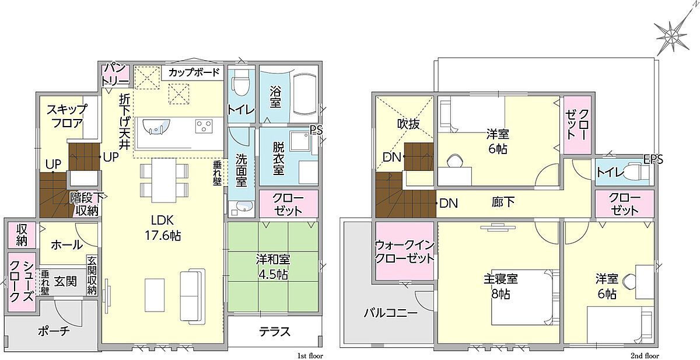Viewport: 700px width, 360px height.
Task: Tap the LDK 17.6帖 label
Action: click(x=163, y=228)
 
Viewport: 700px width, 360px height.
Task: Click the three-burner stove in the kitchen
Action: click(x=204, y=127)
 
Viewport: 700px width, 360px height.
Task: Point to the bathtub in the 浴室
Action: click(x=305, y=97)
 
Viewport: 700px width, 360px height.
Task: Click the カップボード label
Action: click(x=194, y=72)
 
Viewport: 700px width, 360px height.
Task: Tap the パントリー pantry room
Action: click(x=116, y=75)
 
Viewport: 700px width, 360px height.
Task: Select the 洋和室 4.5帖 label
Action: click(x=273, y=267)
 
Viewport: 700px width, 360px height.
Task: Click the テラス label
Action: click(x=275, y=332)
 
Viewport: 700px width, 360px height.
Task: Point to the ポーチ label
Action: click(x=54, y=331)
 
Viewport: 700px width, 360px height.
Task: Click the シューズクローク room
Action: click(x=22, y=282)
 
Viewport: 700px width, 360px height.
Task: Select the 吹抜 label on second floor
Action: click(x=408, y=124)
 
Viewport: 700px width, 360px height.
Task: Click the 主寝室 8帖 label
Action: click(x=501, y=286)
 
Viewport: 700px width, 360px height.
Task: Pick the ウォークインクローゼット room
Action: click(x=404, y=251)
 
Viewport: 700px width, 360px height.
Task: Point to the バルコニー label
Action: click(x=391, y=313)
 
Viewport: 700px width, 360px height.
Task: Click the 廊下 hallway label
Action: click(x=503, y=202)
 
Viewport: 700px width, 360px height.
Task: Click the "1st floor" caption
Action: click(x=310, y=356)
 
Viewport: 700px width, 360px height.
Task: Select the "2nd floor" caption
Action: click(x=645, y=356)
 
